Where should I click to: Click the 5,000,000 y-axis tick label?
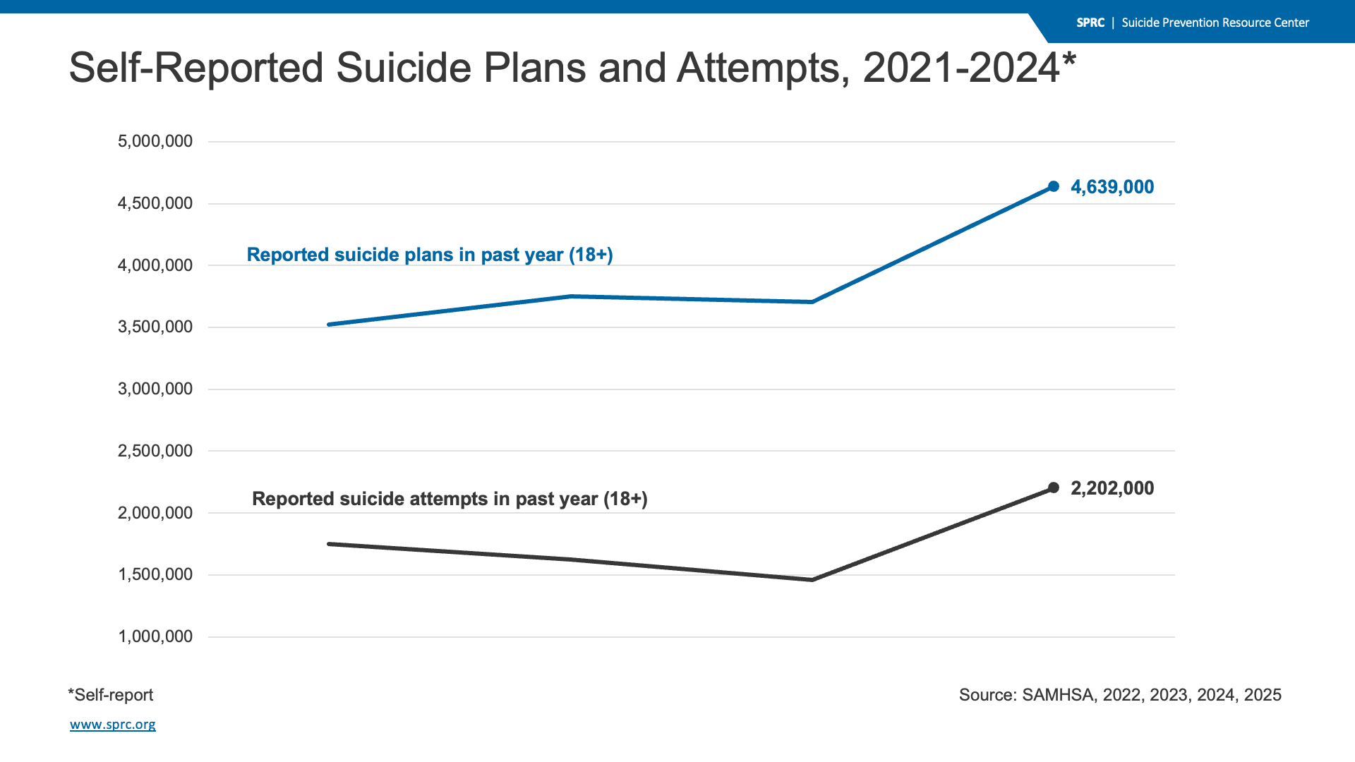click(155, 141)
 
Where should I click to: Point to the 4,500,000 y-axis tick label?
click(155, 203)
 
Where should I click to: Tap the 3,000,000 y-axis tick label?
click(155, 389)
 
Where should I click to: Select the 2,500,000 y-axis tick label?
click(155, 451)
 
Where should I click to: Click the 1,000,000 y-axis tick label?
click(155, 636)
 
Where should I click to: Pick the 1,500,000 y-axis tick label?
click(155, 574)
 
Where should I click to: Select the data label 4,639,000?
click(1112, 187)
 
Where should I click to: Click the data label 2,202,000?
click(1112, 488)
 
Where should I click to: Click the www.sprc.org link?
click(113, 725)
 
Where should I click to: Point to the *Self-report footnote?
click(111, 695)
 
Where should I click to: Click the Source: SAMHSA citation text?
click(1120, 695)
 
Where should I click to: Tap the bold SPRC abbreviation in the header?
click(1090, 23)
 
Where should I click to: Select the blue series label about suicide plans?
click(430, 255)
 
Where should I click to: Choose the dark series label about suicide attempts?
click(450, 499)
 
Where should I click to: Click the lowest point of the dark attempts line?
click(812, 580)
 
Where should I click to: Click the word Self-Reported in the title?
click(196, 68)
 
